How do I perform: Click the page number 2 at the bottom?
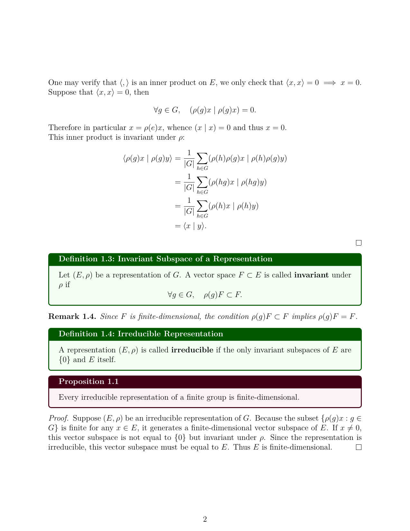click(x=205, y=519)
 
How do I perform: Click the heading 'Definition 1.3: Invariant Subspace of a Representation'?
click(x=165, y=259)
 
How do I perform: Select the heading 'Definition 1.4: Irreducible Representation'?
click(x=141, y=334)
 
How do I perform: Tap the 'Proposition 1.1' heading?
click(x=88, y=381)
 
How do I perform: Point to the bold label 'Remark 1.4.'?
click(x=72, y=317)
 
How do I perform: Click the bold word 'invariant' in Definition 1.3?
click(x=311, y=275)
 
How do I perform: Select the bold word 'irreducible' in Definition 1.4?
click(x=192, y=350)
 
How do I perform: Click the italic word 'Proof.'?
click(x=58, y=418)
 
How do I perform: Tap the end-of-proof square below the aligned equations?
click(x=359, y=243)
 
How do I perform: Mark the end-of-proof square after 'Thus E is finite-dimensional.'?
click(x=359, y=447)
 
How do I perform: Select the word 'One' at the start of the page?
click(x=55, y=83)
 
